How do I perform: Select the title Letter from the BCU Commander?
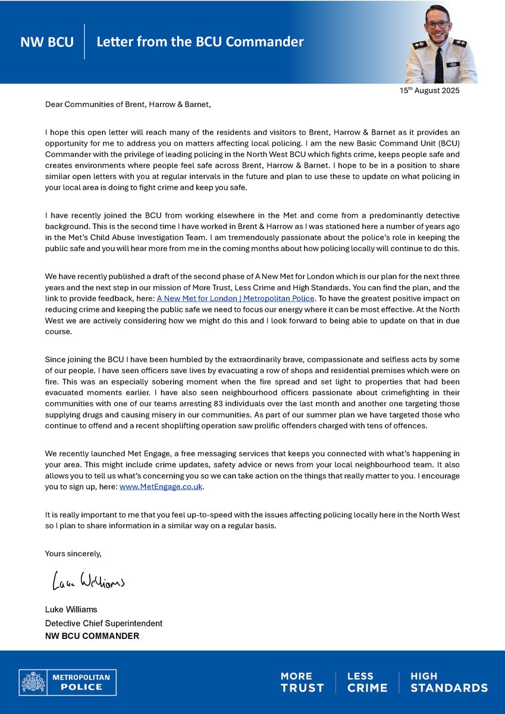coord(200,42)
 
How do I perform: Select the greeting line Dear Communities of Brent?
coord(128,105)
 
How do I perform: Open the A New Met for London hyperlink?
coord(236,298)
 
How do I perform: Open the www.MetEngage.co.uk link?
coord(161,487)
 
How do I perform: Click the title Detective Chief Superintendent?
coord(103,623)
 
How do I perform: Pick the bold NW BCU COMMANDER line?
coord(92,636)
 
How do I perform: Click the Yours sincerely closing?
coord(73,553)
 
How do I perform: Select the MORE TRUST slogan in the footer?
coord(302,682)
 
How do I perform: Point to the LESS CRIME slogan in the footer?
coord(366,682)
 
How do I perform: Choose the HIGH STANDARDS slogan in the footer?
coord(448,682)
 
